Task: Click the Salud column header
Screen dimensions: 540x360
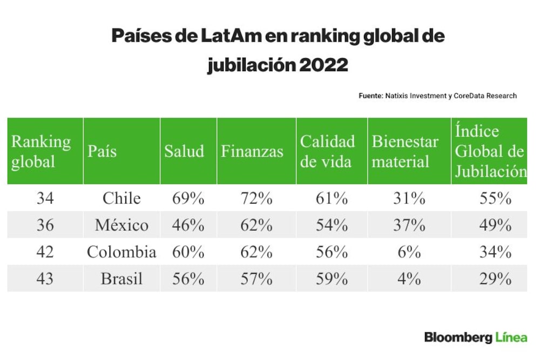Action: pyautogui.click(x=184, y=152)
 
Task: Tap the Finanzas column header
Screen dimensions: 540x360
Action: pyautogui.click(x=252, y=152)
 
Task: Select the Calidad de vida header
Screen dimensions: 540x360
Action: pyautogui.click(x=327, y=152)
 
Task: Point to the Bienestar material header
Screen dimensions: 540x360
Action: pyautogui.click(x=405, y=152)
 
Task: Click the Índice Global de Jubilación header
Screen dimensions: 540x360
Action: pyautogui.click(x=491, y=151)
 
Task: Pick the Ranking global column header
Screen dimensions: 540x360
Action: pyautogui.click(x=41, y=152)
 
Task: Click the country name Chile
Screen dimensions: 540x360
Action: pyautogui.click(x=122, y=198)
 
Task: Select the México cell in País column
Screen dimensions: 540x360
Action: pyautogui.click(x=122, y=225)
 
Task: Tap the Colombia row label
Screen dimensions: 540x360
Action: pyautogui.click(x=122, y=252)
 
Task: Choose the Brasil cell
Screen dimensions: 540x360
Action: pyautogui.click(x=122, y=279)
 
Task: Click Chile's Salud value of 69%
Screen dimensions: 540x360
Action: pyautogui.click(x=188, y=198)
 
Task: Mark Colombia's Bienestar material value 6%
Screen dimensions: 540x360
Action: pyautogui.click(x=409, y=252)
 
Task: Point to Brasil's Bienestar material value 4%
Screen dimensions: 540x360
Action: pyautogui.click(x=409, y=279)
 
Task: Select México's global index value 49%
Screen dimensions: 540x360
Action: pyautogui.click(x=495, y=225)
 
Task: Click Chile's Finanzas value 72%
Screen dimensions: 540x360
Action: pyautogui.click(x=256, y=198)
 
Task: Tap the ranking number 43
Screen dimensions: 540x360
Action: pyautogui.click(x=45, y=279)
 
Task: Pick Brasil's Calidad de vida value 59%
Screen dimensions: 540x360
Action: pyautogui.click(x=332, y=279)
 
